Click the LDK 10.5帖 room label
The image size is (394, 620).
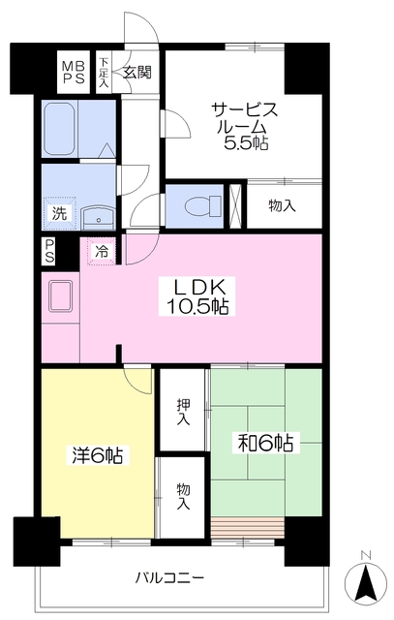click(197, 296)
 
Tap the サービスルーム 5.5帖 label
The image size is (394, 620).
click(245, 126)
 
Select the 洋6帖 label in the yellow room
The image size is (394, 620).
click(97, 455)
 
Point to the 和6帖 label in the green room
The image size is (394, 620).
click(265, 443)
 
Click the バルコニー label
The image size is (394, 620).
click(170, 578)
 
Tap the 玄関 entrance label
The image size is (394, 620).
click(136, 73)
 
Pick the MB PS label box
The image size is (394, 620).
click(74, 72)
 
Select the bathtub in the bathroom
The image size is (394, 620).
click(60, 129)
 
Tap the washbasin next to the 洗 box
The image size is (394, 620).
click(98, 217)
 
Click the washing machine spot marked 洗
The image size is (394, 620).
click(59, 213)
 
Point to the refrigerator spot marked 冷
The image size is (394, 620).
click(102, 251)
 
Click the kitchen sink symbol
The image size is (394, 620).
click(60, 295)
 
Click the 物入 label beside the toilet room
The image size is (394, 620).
click(282, 205)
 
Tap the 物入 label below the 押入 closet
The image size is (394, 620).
click(183, 496)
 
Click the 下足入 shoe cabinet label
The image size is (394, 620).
click(104, 73)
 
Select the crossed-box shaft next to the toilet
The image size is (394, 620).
click(235, 206)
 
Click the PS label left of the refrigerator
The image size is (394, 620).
click(49, 251)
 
